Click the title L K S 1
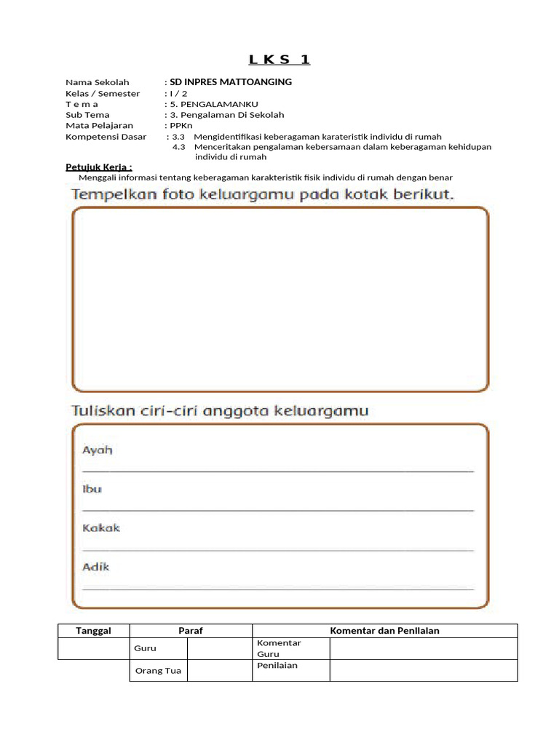click(x=279, y=60)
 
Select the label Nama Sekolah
click(x=98, y=82)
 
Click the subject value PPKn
click(x=179, y=125)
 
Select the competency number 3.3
click(x=178, y=137)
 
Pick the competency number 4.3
click(x=178, y=147)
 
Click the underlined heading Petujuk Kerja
click(x=99, y=167)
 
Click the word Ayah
click(x=97, y=450)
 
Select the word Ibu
click(x=92, y=489)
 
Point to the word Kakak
click(x=100, y=527)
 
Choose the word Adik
click(x=96, y=566)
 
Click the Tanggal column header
click(x=93, y=631)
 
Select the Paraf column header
click(x=191, y=631)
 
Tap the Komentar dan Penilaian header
click(x=384, y=631)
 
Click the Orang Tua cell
click(x=158, y=671)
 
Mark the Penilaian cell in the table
click(x=277, y=666)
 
